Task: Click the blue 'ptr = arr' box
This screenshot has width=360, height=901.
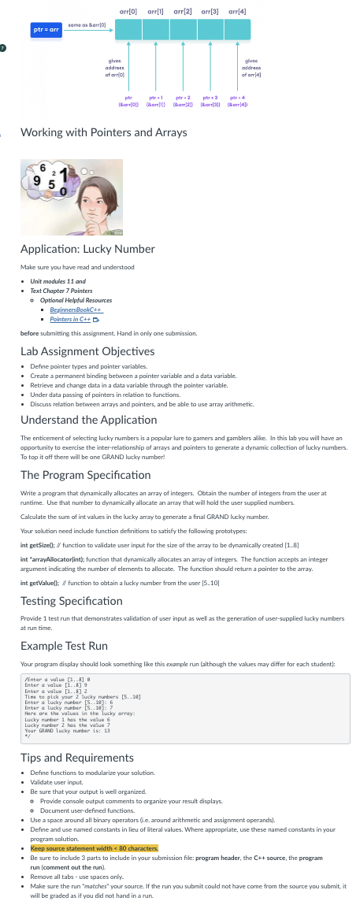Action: click(45, 30)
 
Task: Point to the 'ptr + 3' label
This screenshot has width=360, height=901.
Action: click(211, 96)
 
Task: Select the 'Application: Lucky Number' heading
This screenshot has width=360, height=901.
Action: click(87, 249)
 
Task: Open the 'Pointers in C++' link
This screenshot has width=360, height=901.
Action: click(70, 319)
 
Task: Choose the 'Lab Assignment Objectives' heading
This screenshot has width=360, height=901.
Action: click(87, 351)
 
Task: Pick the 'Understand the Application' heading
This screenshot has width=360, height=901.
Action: click(88, 420)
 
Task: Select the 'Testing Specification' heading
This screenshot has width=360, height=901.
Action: click(72, 601)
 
